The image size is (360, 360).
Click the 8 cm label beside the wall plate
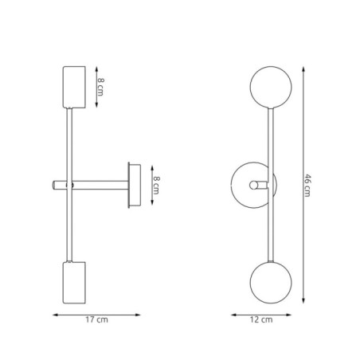point(157,186)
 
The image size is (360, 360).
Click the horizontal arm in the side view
point(100,186)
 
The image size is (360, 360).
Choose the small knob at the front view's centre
point(256,186)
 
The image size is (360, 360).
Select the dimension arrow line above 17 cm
point(97,313)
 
